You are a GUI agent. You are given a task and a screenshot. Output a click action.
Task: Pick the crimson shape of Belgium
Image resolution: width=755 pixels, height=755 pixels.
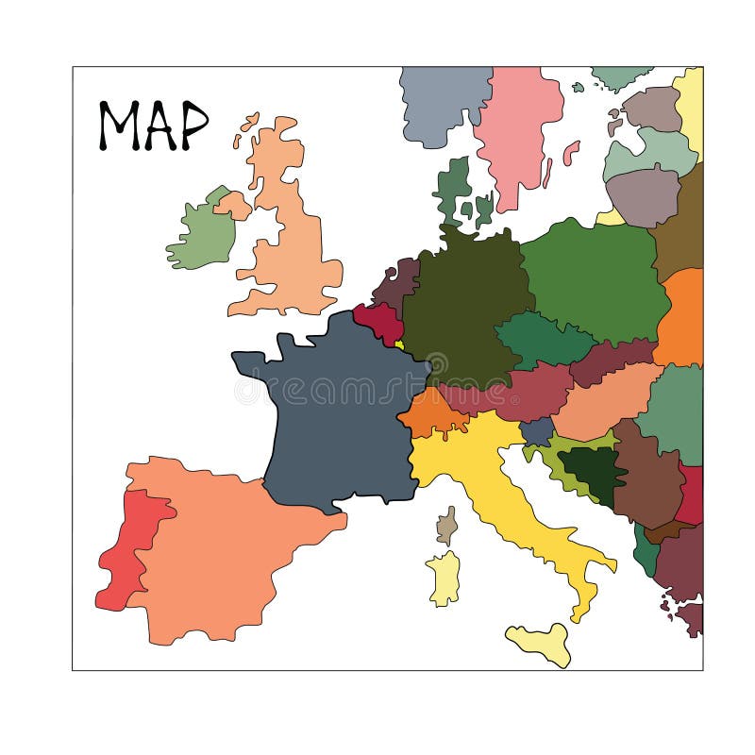[379, 322]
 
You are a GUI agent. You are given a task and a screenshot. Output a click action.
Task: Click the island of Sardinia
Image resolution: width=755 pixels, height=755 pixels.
[444, 578]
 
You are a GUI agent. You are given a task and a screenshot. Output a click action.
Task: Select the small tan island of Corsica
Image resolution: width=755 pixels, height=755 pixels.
[447, 526]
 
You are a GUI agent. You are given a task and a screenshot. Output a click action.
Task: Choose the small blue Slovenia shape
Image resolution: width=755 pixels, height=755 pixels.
[537, 431]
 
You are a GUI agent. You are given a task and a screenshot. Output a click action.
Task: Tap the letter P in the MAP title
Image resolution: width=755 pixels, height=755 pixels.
[193, 126]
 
